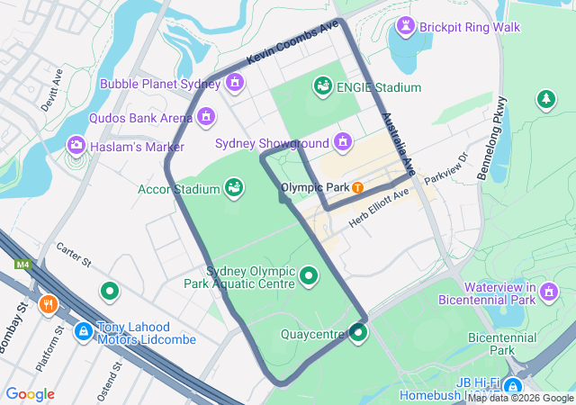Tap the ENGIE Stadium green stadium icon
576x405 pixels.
click(x=321, y=86)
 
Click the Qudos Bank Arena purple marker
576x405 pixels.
click(x=207, y=117)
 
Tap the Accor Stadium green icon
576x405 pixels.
click(x=234, y=188)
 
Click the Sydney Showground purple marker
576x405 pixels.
click(x=342, y=142)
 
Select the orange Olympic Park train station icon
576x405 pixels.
click(x=357, y=188)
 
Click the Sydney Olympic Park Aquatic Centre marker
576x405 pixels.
click(x=310, y=275)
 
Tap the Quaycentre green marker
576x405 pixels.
click(x=358, y=334)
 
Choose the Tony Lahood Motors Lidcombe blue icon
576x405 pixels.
click(x=84, y=331)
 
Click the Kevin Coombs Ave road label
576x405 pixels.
click(x=294, y=42)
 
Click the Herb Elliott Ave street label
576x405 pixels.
click(x=379, y=206)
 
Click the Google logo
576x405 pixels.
click(x=30, y=394)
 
